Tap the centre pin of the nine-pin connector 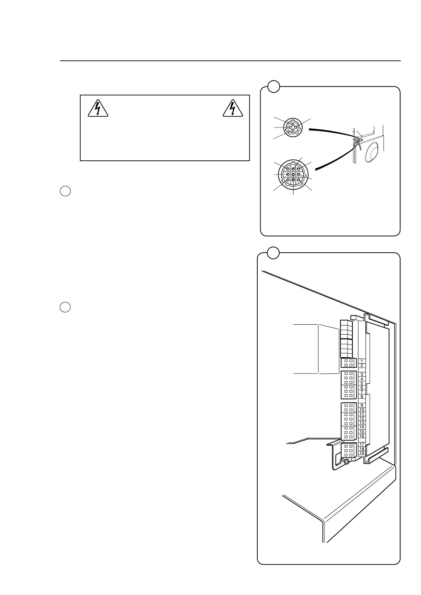(x=293, y=175)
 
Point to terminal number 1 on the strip (x=362, y=361)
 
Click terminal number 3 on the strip (x=362, y=374)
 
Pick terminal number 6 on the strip (x=362, y=388)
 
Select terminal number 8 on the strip (x=362, y=396)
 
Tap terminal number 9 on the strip (x=362, y=405)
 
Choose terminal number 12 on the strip (x=362, y=418)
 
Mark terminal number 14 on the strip (x=362, y=427)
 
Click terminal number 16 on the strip (x=362, y=436)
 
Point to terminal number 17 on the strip (x=362, y=444)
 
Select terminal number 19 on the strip (x=362, y=453)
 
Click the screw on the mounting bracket (x=347, y=462)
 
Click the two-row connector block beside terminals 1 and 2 (x=348, y=363)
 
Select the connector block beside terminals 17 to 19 (x=348, y=450)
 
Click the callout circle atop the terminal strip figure (x=273, y=253)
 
